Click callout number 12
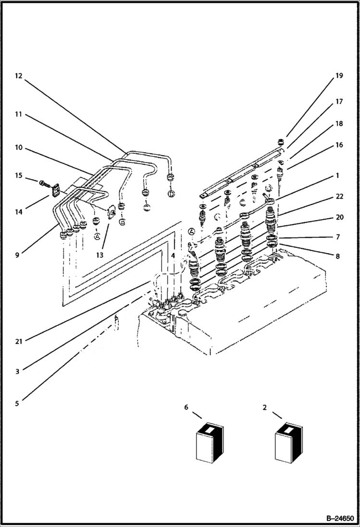18,76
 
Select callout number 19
339,76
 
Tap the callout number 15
18,176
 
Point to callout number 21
18,341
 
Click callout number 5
17,404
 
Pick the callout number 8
338,257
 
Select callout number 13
99,255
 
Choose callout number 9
17,255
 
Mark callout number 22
339,196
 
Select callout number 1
338,176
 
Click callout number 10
18,147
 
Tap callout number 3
17,371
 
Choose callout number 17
339,102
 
